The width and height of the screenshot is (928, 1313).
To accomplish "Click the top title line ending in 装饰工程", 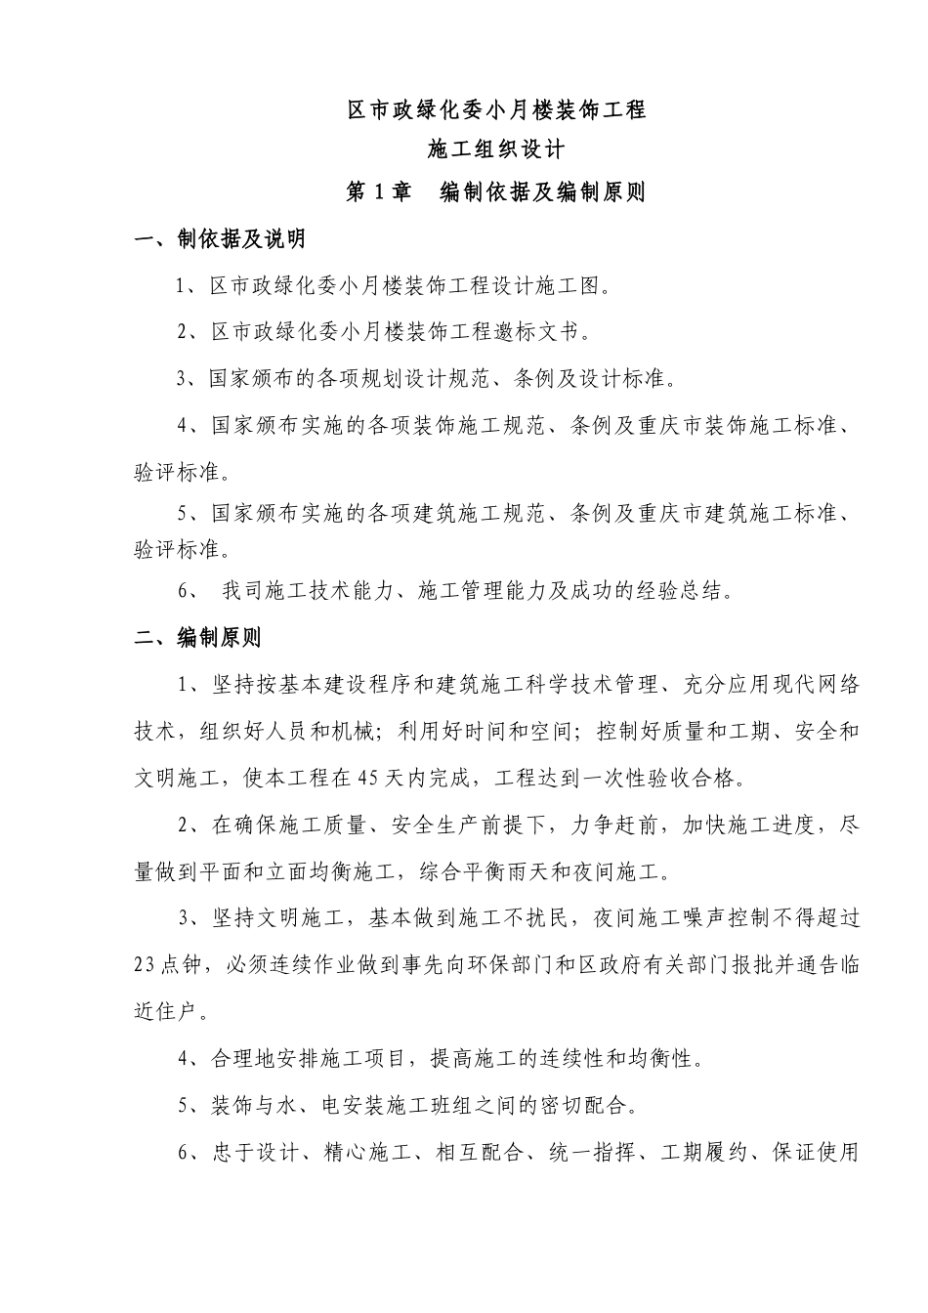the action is click(497, 110).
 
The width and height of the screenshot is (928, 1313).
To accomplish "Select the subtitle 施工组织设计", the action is click(497, 150).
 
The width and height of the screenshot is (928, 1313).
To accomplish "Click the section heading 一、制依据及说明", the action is click(220, 239).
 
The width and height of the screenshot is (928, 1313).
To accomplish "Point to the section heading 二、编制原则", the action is click(198, 639).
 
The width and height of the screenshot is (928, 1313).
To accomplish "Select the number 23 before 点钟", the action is click(146, 964).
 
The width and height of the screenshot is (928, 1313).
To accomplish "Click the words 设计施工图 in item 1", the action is click(548, 286).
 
